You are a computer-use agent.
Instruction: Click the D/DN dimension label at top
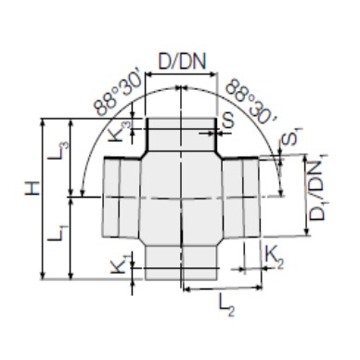pyautogui.click(x=182, y=62)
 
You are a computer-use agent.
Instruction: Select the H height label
pyautogui.click(x=32, y=187)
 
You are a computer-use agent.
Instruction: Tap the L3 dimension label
pyautogui.click(x=58, y=150)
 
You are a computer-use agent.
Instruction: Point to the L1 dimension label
pyautogui.click(x=58, y=233)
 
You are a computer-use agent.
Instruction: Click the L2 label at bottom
pyautogui.click(x=226, y=305)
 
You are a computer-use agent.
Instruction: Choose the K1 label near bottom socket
pyautogui.click(x=119, y=264)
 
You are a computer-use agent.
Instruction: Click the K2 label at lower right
pyautogui.click(x=275, y=258)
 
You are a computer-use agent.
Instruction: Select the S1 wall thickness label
pyautogui.click(x=289, y=137)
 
